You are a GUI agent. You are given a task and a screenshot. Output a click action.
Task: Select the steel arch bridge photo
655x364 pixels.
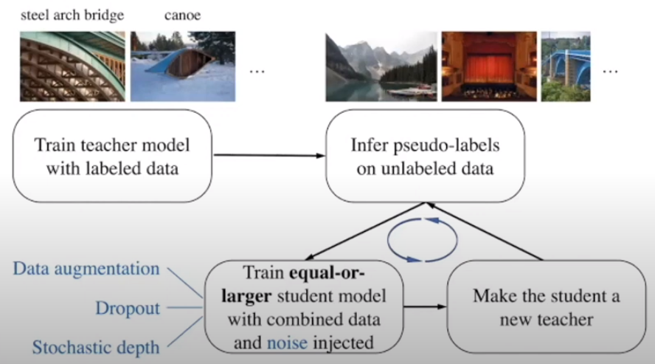(72, 66)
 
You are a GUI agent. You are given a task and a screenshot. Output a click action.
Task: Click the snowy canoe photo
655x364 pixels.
(183, 66)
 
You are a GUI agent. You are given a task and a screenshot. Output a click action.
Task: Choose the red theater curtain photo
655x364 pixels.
(487, 66)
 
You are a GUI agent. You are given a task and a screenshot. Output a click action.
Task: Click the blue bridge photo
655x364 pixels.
(566, 66)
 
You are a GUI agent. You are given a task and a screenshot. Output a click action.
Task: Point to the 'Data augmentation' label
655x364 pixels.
(86, 269)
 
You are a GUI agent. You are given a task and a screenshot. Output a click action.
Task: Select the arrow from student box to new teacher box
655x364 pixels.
(425, 304)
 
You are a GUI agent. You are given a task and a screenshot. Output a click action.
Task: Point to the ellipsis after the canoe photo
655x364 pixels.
(257, 72)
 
